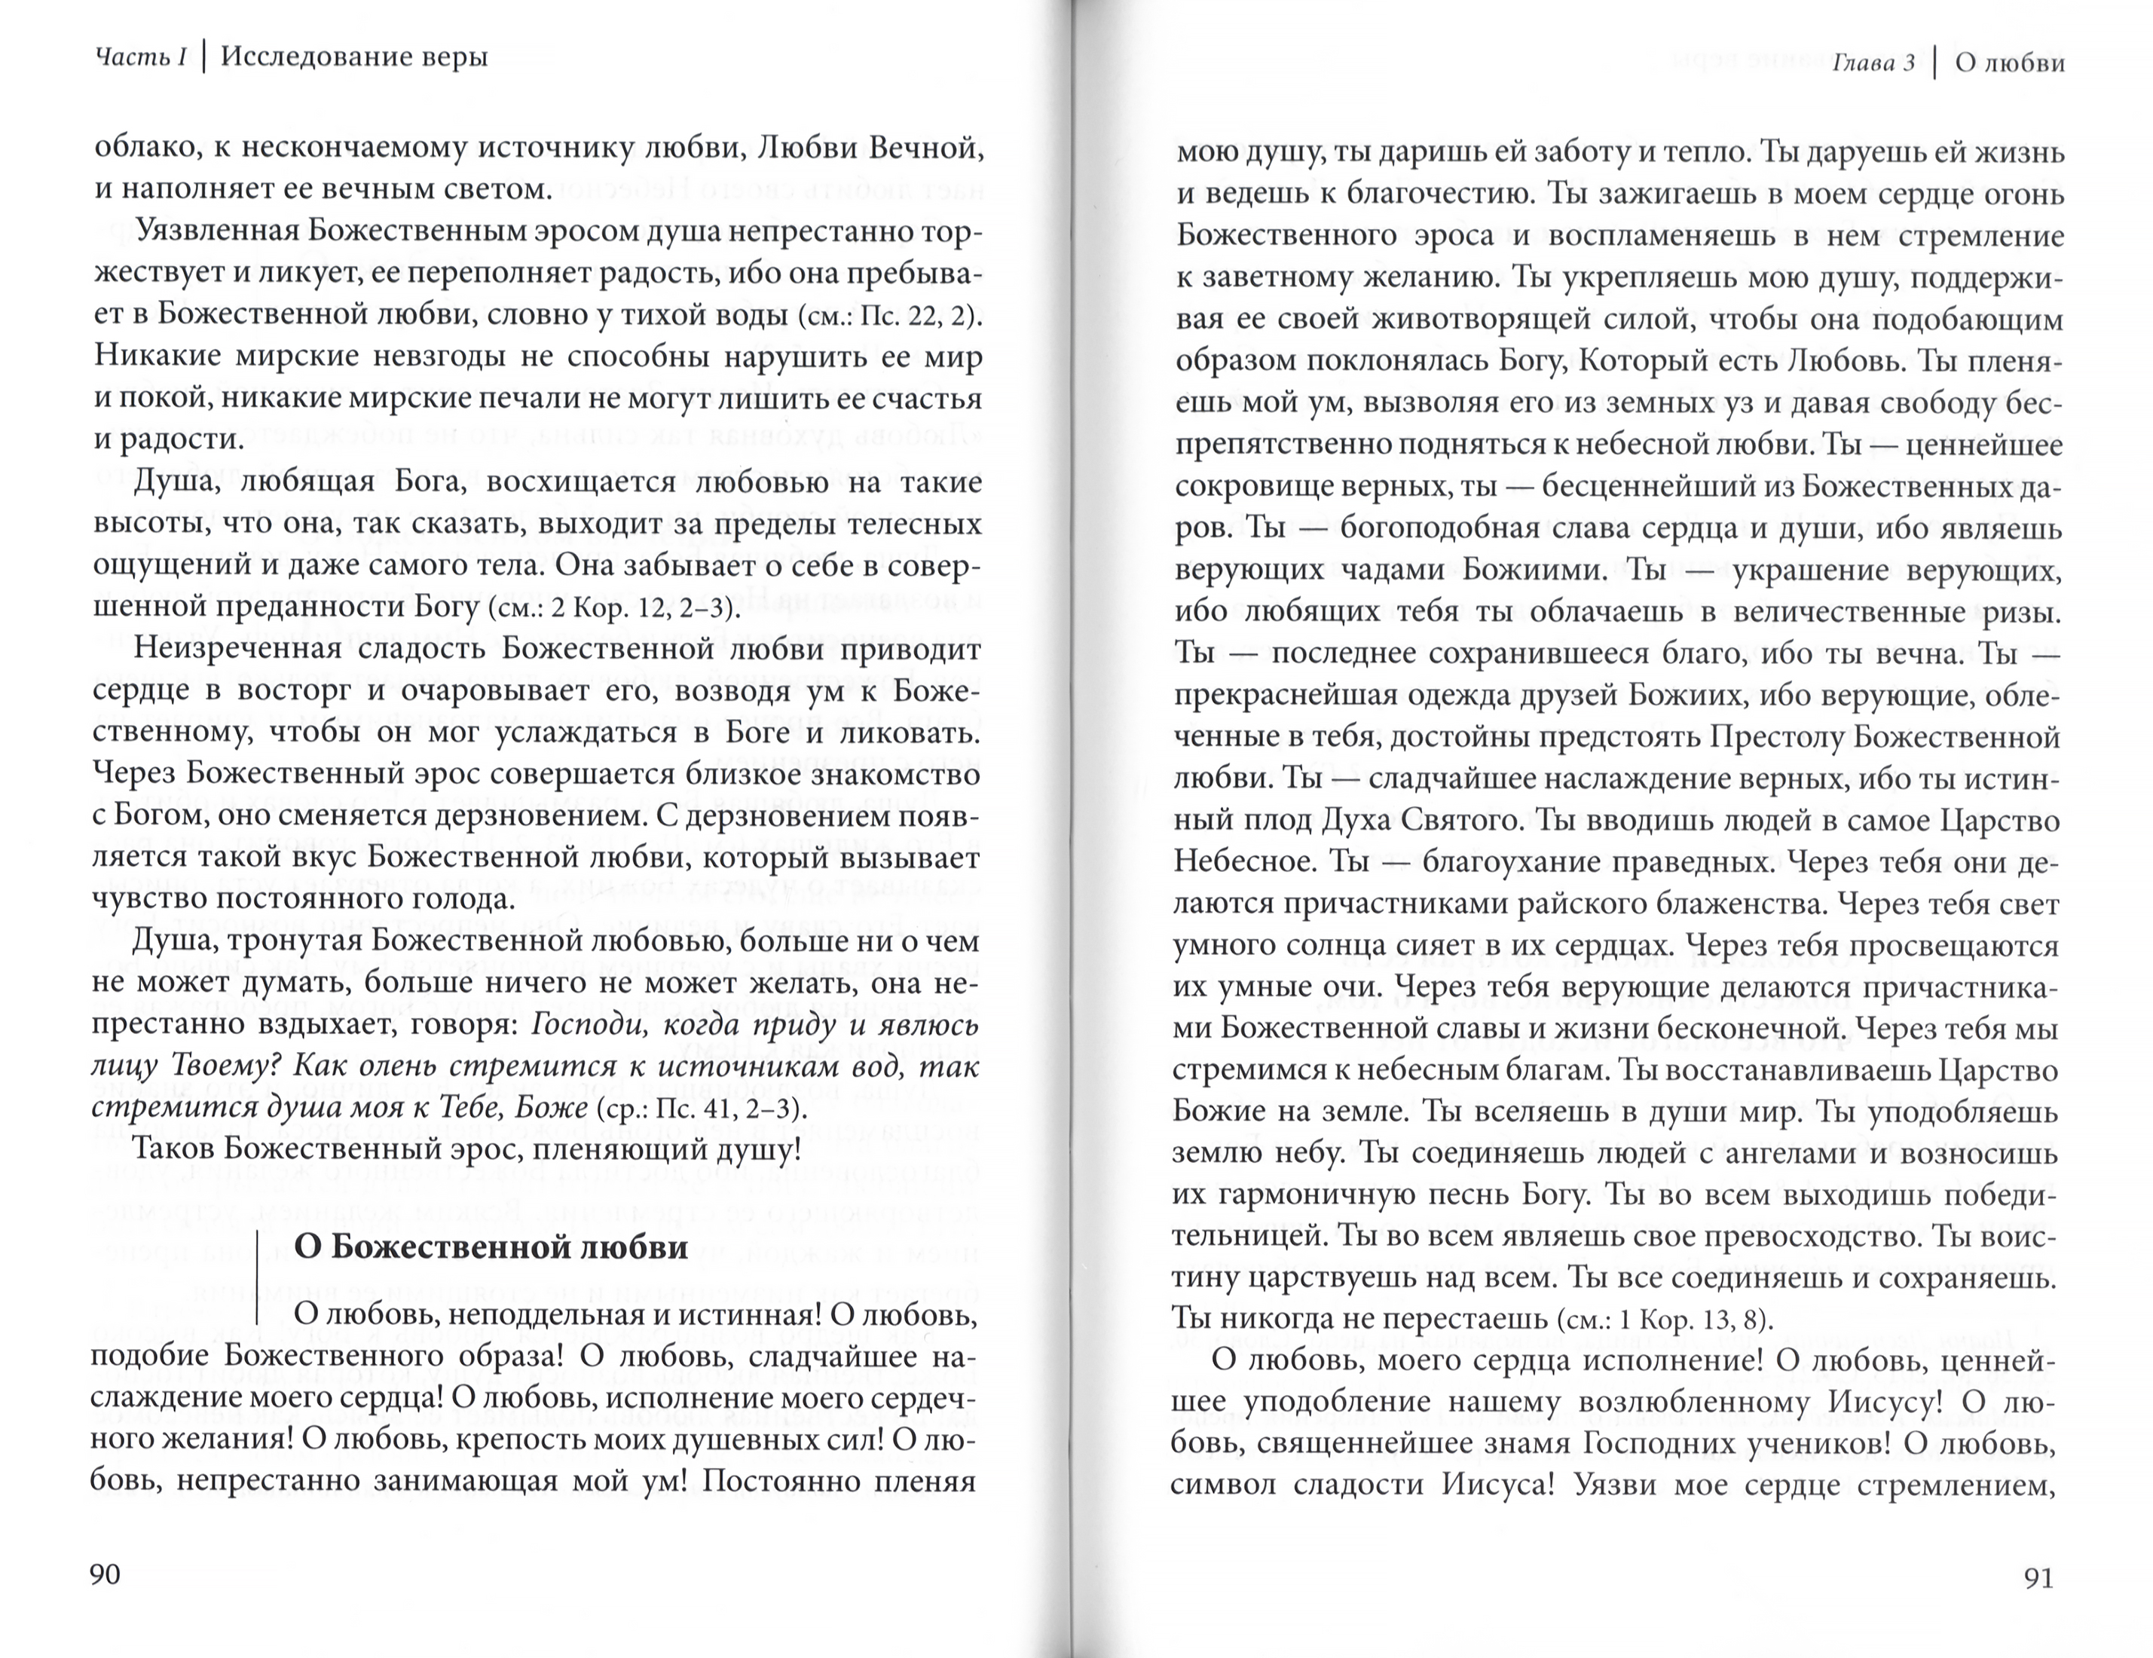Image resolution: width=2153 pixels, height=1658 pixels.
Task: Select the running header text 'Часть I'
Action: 140,58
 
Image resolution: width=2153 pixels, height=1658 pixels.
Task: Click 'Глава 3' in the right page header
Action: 1873,64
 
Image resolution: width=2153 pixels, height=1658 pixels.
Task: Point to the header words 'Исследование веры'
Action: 354,57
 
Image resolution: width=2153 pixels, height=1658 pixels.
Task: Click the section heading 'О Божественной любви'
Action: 491,1247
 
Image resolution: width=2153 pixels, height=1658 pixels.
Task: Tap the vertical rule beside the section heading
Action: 257,1277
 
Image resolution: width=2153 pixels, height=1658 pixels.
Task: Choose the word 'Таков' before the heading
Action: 173,1149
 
